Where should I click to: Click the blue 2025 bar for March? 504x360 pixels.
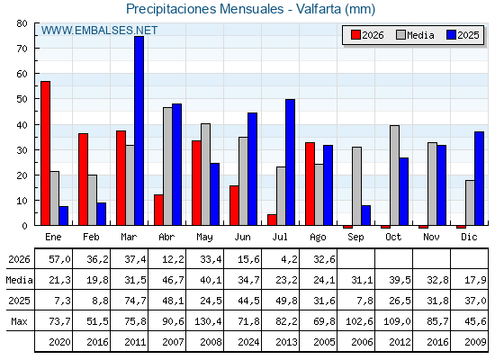coord(139,130)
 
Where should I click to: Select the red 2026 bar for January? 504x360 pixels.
coord(45,153)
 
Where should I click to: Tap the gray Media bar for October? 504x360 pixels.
coord(395,175)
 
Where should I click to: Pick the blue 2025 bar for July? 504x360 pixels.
coord(290,162)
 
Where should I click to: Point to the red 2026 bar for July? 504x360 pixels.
coord(272,220)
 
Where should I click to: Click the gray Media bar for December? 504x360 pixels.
coord(470,202)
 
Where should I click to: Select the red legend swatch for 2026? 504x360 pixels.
coord(355,35)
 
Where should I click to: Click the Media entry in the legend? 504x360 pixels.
coord(415,35)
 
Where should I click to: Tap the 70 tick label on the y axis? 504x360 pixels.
coord(22,49)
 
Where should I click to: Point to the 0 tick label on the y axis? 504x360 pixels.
coord(25,226)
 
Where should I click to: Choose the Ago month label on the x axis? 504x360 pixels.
coord(318,238)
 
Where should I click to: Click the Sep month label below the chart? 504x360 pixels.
coord(355,238)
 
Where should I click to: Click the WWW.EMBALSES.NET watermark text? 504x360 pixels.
coord(99,31)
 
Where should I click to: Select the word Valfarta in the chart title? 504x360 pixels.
coord(319,9)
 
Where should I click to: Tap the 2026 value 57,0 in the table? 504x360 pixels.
coord(59,259)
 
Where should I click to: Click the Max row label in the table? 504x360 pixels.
coord(19,321)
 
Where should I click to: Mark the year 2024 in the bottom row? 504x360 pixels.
coord(248,342)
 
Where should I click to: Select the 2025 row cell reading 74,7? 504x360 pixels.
coord(135,301)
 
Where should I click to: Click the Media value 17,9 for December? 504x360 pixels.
coord(475,280)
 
